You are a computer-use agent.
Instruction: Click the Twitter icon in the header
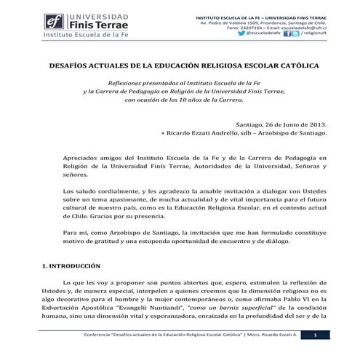tap(295, 33)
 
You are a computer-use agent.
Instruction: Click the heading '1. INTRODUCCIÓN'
tap(76, 266)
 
